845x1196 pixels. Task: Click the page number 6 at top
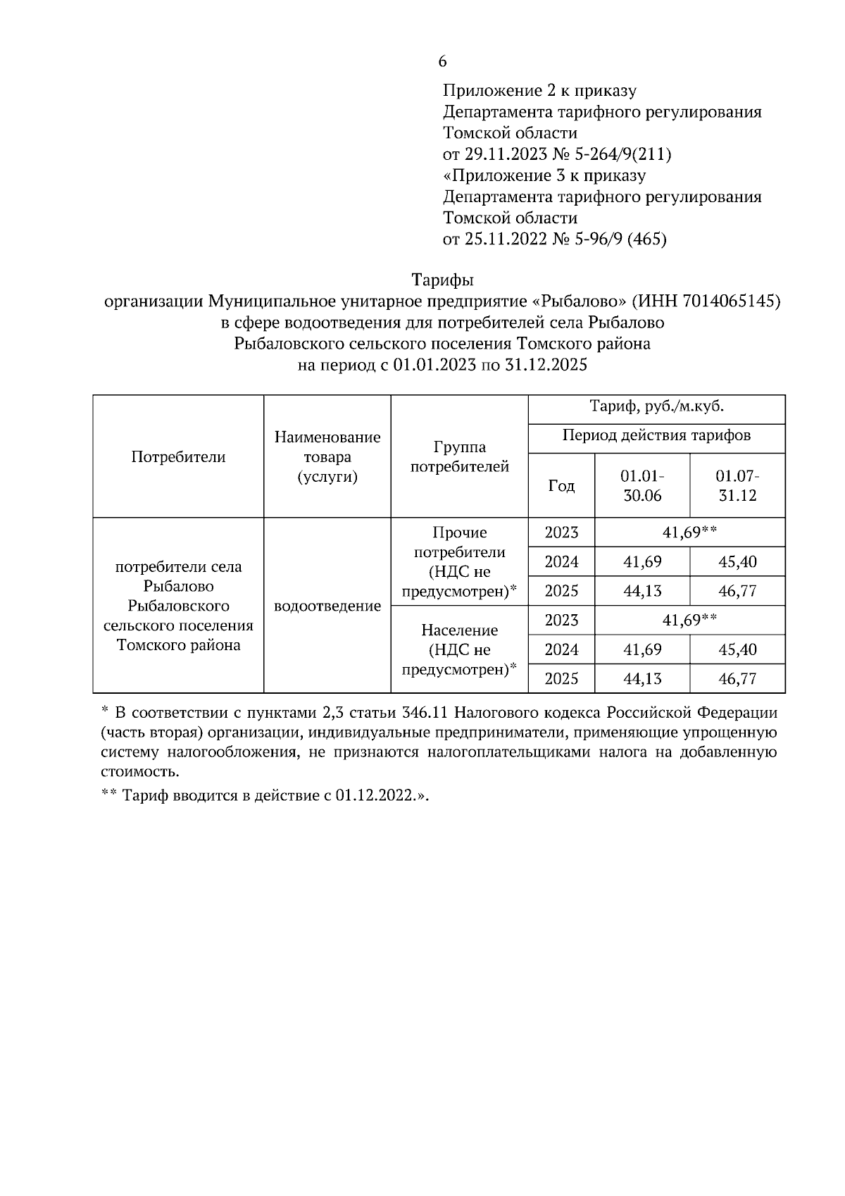pos(442,62)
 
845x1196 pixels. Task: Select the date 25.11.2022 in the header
pos(506,239)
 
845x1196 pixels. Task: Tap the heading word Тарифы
pos(442,280)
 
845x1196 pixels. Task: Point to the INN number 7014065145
pos(729,301)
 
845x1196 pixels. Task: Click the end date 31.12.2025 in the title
pos(546,366)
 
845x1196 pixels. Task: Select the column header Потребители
pos(178,456)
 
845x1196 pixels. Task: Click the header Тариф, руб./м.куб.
pos(656,407)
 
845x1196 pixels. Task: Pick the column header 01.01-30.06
pos(642,485)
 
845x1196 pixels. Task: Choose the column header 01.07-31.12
pos(737,485)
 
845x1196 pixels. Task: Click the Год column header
pos(561,486)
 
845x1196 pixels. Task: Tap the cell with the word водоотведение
pos(327,606)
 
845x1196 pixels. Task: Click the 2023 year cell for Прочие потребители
pos(561,532)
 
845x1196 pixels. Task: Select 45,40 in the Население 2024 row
pos(737,649)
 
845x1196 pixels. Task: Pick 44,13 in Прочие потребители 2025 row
pos(642,591)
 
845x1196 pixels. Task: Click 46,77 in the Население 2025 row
pos(737,679)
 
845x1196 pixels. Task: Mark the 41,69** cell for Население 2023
pos(689,620)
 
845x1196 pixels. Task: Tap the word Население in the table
pos(459,630)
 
